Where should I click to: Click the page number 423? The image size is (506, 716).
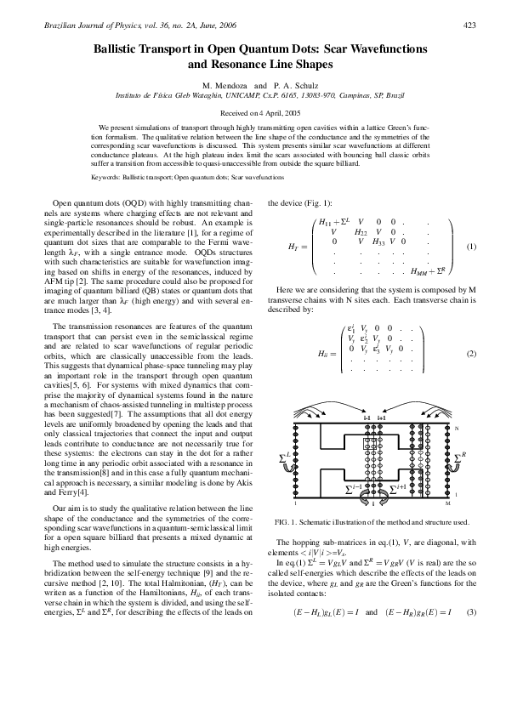click(469, 26)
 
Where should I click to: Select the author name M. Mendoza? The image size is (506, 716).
click(224, 86)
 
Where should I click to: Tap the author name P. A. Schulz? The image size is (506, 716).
click(293, 86)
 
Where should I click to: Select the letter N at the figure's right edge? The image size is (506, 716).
click(456, 427)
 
